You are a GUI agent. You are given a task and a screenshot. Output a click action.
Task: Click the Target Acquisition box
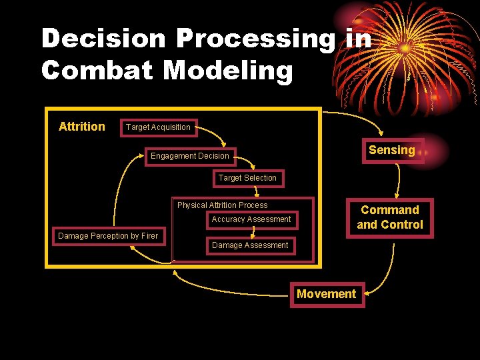coord(158,127)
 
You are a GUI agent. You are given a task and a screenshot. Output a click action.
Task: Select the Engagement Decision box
coord(190,156)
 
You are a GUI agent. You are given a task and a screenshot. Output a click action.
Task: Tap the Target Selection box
coord(247,178)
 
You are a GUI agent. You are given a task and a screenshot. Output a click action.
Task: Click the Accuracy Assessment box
coord(251,219)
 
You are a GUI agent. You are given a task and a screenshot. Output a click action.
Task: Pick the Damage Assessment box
coord(250,245)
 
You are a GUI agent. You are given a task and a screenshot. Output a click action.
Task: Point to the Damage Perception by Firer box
coord(108,236)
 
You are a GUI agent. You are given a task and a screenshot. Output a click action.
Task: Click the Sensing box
coord(392,151)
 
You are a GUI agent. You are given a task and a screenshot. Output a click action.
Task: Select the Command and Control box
coord(390,217)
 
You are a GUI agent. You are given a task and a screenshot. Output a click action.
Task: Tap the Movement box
coord(326,294)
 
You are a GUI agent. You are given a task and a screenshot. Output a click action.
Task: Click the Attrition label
coord(82,127)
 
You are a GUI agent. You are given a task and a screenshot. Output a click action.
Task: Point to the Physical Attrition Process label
coord(222,205)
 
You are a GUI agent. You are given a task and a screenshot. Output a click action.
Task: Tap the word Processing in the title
coord(257,39)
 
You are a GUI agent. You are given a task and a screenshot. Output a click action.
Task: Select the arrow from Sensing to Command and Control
coord(398,180)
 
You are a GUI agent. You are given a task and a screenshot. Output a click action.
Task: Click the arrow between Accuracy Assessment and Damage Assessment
coord(252,231)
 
